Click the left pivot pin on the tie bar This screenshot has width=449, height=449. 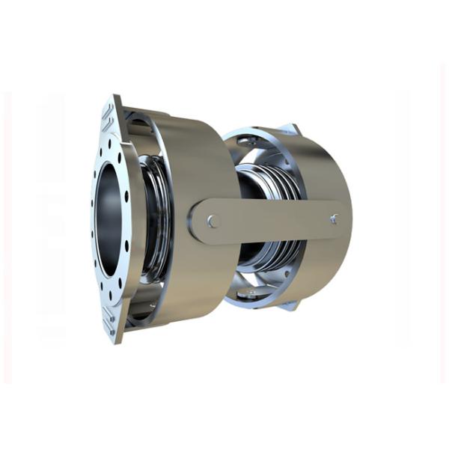[214, 221]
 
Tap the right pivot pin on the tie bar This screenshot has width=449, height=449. [333, 219]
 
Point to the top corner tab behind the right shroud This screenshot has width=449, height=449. [292, 128]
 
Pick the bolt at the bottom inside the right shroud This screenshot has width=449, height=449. [251, 293]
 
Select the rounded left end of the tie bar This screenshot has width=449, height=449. [196, 222]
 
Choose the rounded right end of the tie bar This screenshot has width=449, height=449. [346, 219]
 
